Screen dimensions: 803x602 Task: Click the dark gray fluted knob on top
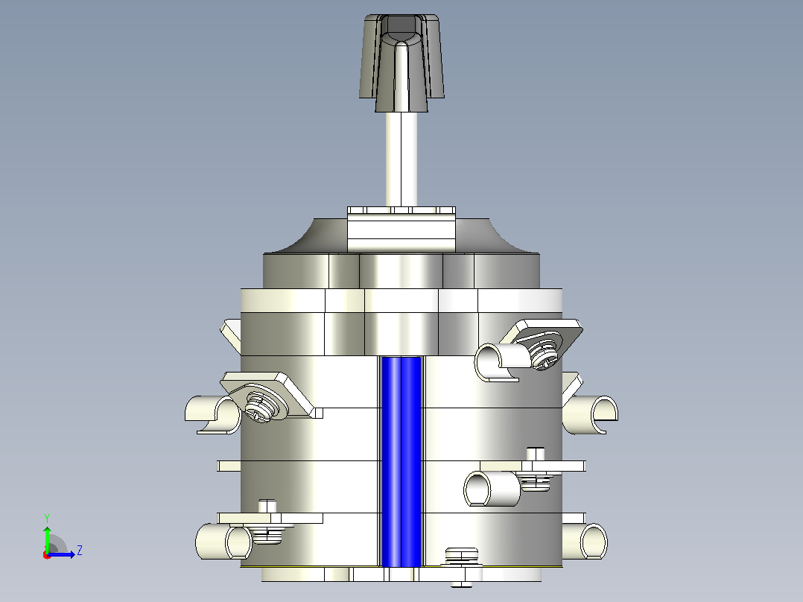tap(401, 62)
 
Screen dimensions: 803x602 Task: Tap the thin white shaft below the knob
tap(401, 159)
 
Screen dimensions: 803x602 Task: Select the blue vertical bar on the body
tap(401, 462)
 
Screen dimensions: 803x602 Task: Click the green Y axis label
tap(47, 519)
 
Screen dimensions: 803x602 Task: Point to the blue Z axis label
tap(80, 551)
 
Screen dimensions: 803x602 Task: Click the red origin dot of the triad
tap(47, 555)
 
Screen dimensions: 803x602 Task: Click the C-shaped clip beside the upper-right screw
tap(497, 362)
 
